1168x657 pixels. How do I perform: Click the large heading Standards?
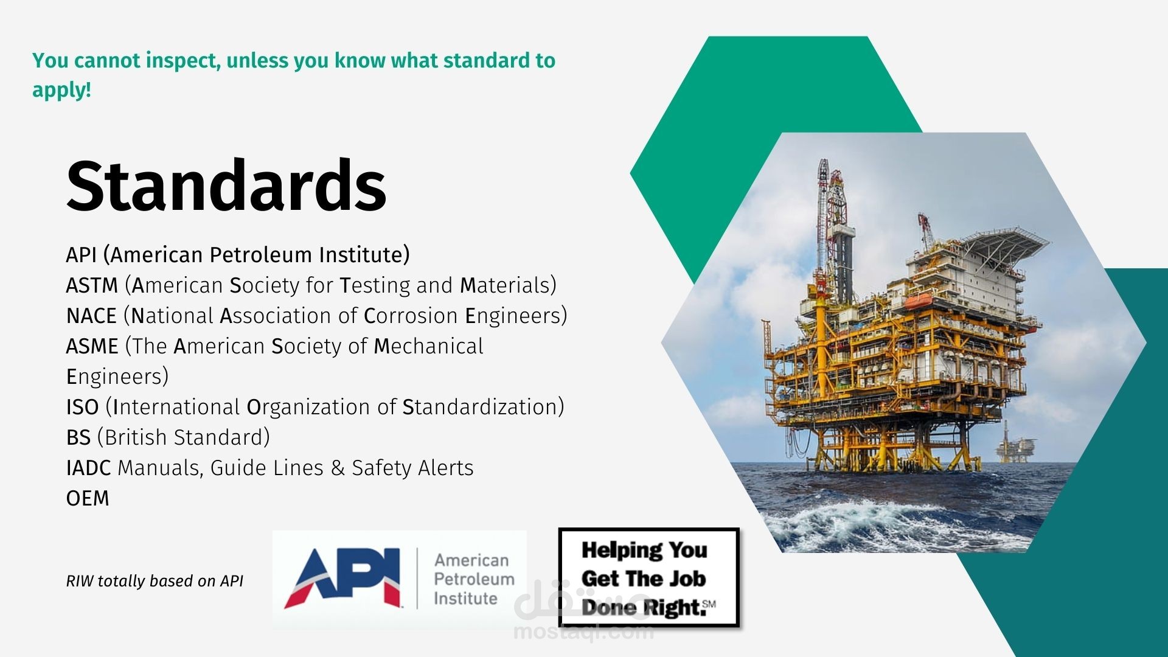226,185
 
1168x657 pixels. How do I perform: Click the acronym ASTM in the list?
92,285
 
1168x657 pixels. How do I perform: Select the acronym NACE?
91,316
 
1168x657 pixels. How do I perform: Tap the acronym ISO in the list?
82,407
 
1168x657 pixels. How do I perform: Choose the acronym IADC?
88,468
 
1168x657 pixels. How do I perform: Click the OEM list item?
88,498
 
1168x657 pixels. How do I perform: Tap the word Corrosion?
411,316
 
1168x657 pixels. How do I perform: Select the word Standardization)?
484,407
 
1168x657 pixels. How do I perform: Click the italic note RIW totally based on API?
155,581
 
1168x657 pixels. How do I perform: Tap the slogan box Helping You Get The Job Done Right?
649,577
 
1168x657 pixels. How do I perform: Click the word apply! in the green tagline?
61,91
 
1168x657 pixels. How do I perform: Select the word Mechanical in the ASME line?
428,346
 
